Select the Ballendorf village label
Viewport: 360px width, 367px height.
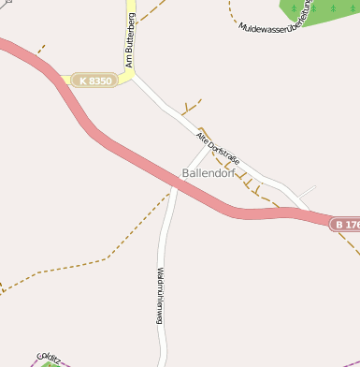click(208, 174)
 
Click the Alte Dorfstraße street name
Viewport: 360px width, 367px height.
click(219, 149)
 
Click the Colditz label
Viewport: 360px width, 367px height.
click(49, 357)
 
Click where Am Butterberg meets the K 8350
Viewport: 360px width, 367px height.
click(130, 75)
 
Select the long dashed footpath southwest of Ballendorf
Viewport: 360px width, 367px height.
click(84, 261)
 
